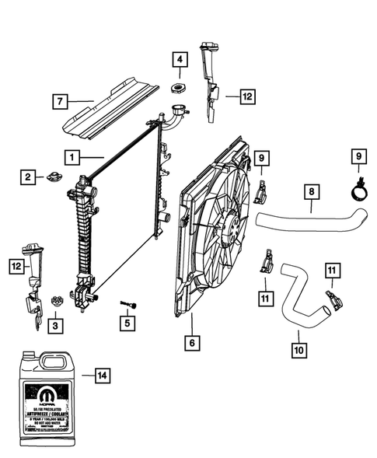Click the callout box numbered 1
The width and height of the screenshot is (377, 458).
tap(72, 157)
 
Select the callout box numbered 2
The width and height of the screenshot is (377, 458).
tap(28, 178)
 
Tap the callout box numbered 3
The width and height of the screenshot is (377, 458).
tap(55, 324)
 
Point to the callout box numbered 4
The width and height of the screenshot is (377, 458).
tap(178, 59)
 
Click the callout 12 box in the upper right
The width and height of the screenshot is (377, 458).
tap(246, 97)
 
